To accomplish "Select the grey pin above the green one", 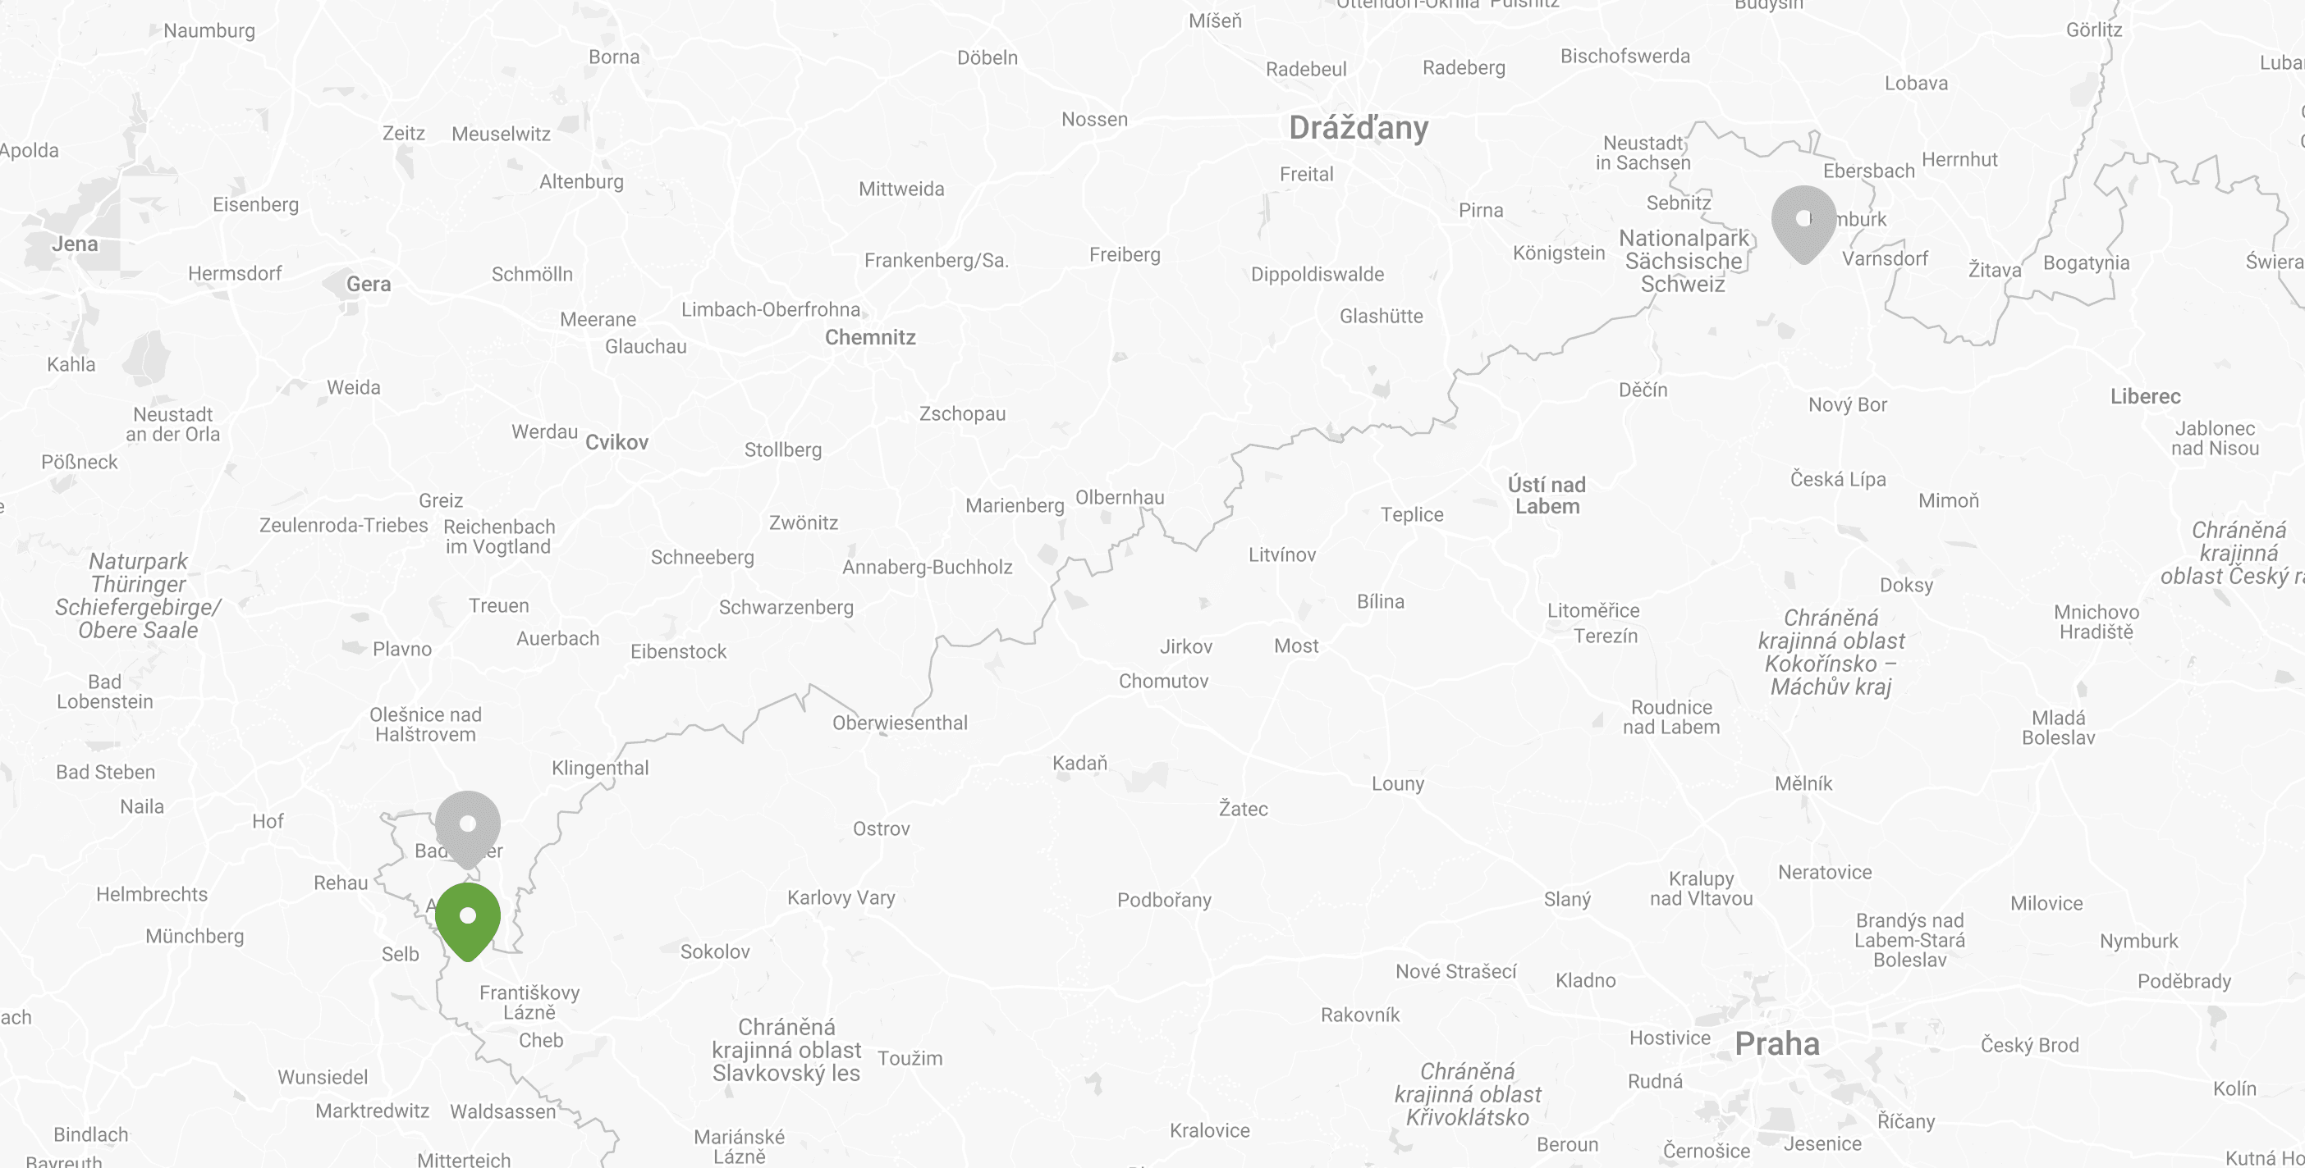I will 467,825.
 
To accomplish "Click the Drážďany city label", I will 1359,128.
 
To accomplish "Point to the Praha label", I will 1776,1043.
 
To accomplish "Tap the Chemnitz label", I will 870,337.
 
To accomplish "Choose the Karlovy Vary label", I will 841,897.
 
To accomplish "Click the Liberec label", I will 2145,396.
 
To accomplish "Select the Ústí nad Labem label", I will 1547,495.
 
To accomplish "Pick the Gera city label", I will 368,285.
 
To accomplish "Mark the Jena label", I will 74,244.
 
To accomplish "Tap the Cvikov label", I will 616,442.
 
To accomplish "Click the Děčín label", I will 1643,390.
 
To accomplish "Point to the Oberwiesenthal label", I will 900,723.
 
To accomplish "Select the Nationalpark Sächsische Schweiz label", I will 1683,261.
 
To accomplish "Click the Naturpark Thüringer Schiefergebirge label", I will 138,595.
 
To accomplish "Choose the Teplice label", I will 1411,514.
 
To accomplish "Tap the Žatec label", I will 1243,809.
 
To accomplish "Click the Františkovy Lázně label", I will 529,1002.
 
